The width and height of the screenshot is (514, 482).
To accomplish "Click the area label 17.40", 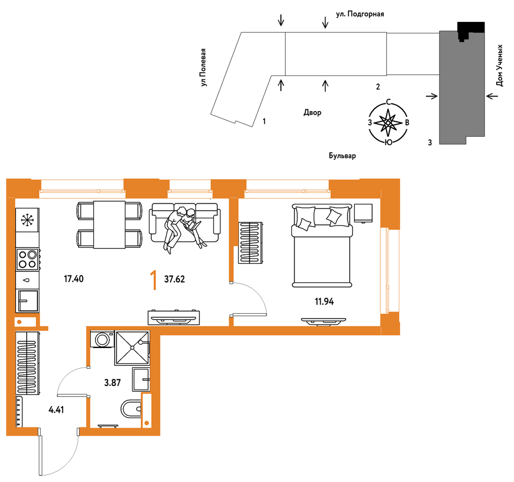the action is click(x=74, y=279).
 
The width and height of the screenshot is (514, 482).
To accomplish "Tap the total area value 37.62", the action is click(x=175, y=279).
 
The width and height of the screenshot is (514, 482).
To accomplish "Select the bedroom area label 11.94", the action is click(x=324, y=302).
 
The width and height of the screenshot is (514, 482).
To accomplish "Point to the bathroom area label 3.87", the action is click(x=113, y=383).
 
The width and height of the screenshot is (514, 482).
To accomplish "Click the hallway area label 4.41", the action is click(x=56, y=410).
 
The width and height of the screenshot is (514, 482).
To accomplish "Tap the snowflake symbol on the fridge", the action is click(x=27, y=220).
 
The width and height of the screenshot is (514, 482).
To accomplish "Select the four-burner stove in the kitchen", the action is click(x=28, y=259).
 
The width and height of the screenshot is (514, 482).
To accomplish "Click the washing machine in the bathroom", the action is click(x=102, y=339).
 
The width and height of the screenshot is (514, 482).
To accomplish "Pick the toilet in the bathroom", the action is click(x=131, y=409).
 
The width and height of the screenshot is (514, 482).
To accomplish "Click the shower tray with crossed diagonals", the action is click(x=132, y=348).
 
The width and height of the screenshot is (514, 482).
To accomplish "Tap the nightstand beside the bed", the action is click(x=363, y=213).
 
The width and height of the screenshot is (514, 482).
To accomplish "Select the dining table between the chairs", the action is click(x=109, y=225).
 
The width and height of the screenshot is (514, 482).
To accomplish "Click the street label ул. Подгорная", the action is click(x=360, y=14).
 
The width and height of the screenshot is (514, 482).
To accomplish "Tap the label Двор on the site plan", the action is click(x=313, y=113).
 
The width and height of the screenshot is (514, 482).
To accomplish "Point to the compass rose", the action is click(x=388, y=123).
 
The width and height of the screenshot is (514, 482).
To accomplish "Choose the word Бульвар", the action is click(x=342, y=155).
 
